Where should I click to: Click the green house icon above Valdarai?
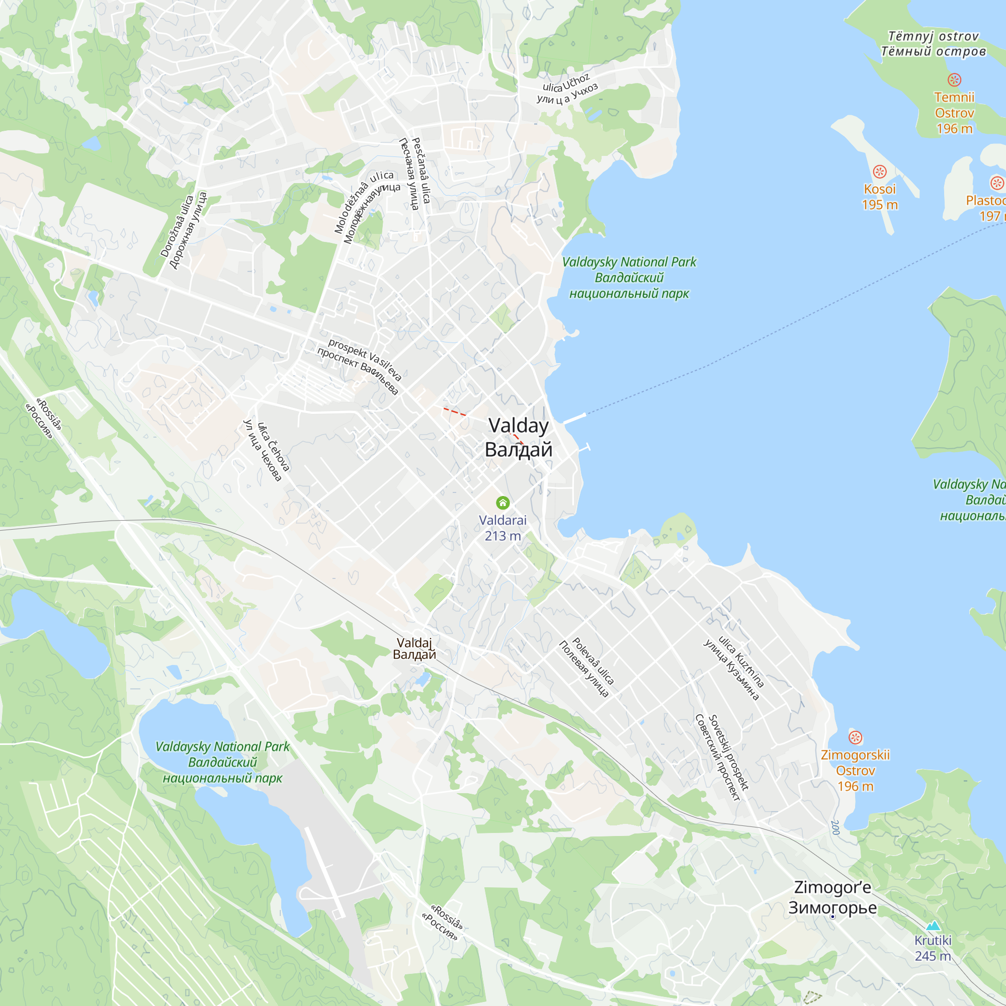502,502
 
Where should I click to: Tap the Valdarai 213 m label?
502,528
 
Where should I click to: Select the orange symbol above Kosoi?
879,172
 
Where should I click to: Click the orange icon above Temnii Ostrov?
954,79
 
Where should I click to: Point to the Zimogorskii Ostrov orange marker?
855,737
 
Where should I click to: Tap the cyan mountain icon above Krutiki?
933,926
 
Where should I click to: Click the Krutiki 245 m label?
933,948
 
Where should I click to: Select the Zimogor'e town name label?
832,897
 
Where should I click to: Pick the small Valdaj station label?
414,648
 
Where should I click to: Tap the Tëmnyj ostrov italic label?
933,44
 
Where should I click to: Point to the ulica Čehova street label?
267,449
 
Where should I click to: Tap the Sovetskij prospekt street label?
723,756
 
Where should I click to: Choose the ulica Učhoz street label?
567,89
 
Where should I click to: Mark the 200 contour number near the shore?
834,827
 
